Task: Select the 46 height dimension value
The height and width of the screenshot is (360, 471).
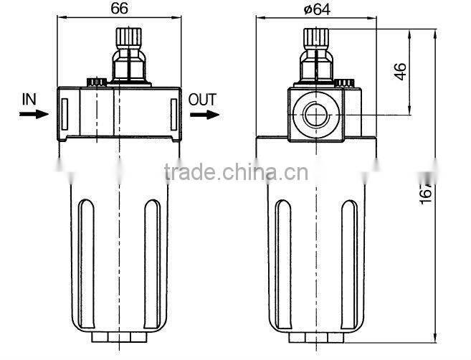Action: [x=401, y=71]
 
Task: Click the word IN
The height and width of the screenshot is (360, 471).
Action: [x=29, y=99]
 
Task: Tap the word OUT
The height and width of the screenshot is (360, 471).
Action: [x=201, y=99]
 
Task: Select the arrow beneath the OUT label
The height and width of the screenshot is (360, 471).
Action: [x=204, y=114]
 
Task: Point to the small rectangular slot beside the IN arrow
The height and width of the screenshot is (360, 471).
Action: [x=64, y=112]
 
